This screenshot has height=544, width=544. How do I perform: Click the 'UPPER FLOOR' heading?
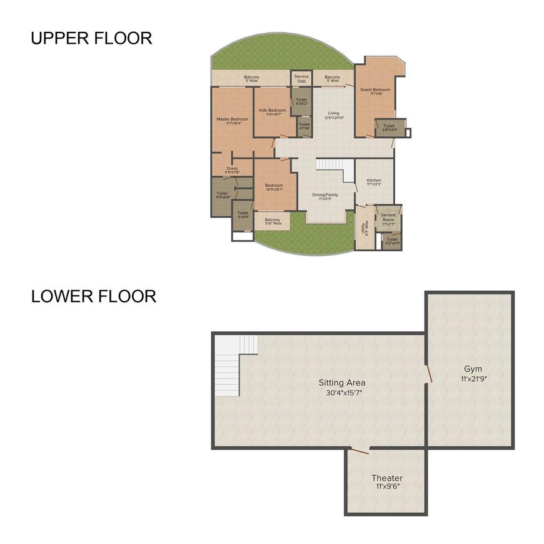click(91, 38)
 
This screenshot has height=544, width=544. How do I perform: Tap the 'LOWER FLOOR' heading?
click(94, 296)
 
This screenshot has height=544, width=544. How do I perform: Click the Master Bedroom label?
click(233, 119)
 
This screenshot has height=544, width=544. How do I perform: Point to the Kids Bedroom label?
click(273, 110)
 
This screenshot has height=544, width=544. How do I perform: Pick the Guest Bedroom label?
click(375, 89)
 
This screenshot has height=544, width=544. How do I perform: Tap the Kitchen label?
click(374, 181)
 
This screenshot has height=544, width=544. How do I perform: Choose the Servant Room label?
click(388, 217)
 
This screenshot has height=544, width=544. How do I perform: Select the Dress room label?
click(232, 168)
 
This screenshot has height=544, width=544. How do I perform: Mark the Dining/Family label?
click(325, 194)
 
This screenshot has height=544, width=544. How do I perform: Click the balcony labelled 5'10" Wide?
click(273, 221)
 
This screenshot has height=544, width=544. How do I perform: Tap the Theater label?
click(387, 478)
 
